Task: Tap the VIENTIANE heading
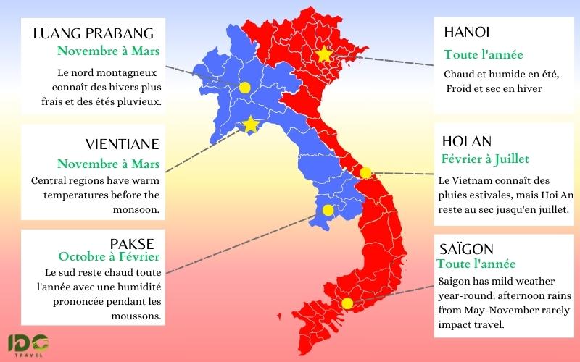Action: click(122, 145)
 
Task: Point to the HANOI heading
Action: click(467, 32)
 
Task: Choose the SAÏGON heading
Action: click(467, 248)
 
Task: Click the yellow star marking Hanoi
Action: click(324, 54)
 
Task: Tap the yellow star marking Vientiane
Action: click(250, 125)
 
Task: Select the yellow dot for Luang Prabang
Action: click(244, 88)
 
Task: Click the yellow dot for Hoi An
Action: click(365, 172)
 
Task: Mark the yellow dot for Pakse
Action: click(328, 211)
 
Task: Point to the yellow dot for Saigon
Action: click(347, 303)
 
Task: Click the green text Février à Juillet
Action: click(485, 159)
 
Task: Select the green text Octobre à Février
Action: click(109, 256)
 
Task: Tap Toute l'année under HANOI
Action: click(483, 54)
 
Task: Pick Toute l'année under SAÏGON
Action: click(476, 264)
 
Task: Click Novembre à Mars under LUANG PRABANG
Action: click(108, 51)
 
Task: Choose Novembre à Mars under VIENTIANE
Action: click(108, 164)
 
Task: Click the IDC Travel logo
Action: click(28, 345)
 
